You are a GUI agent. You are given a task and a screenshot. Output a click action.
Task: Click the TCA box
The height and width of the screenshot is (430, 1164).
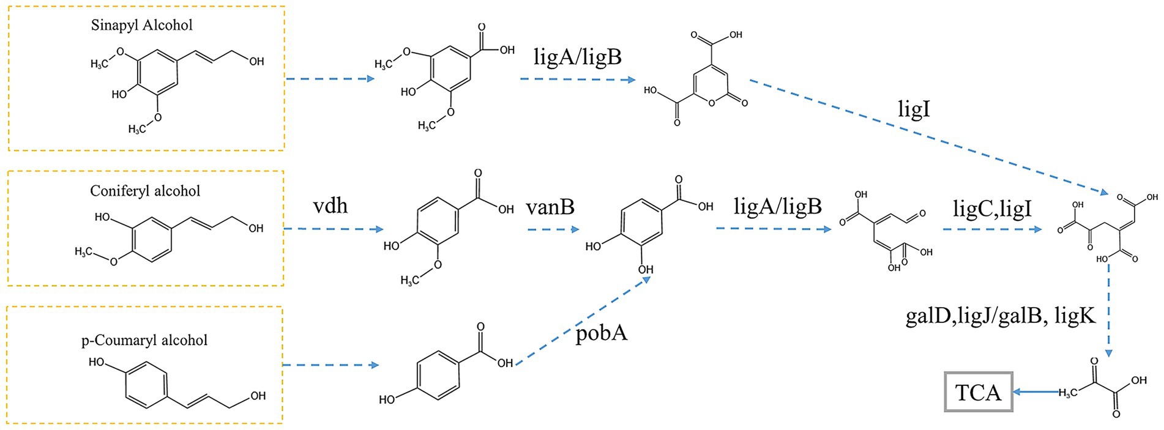[979, 392]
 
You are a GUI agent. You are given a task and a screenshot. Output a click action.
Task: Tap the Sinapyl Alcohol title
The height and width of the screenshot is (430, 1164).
[141, 25]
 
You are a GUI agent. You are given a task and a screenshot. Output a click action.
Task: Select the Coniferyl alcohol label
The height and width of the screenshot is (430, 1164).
[145, 191]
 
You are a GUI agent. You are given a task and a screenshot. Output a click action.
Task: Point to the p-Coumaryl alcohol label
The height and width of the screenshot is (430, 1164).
[144, 340]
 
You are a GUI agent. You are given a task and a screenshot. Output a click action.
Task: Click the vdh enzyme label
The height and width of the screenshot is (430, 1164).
[330, 206]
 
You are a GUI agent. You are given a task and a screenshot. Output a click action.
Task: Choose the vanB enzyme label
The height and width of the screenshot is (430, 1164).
[550, 207]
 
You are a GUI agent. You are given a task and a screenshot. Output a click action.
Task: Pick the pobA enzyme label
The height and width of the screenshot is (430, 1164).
[602, 334]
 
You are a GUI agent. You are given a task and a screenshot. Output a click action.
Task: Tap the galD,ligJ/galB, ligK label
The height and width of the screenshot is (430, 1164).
[1000, 317]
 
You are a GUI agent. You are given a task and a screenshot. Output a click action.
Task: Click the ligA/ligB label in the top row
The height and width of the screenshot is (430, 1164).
[578, 57]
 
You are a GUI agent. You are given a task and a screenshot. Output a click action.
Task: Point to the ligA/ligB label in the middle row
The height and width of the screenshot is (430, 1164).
[778, 206]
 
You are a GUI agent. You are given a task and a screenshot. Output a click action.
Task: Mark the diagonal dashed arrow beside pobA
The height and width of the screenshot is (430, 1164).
[581, 322]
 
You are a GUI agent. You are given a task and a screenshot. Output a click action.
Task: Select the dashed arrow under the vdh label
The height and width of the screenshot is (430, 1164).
[334, 229]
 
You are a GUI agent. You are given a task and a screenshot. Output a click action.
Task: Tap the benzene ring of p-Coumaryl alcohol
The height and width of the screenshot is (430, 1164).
[147, 385]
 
